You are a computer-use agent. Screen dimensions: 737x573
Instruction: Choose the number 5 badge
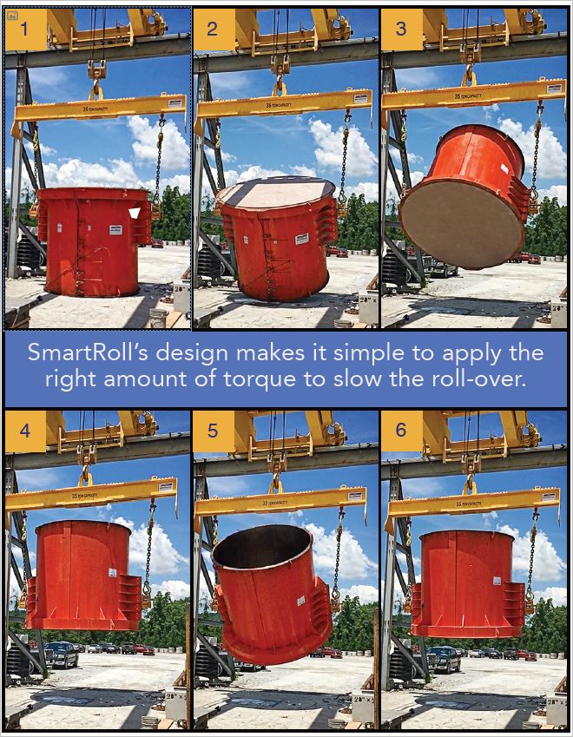click(x=213, y=431)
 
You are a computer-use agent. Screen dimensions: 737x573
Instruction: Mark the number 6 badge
click(x=400, y=431)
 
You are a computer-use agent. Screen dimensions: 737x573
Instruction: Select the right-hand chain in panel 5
click(x=337, y=556)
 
